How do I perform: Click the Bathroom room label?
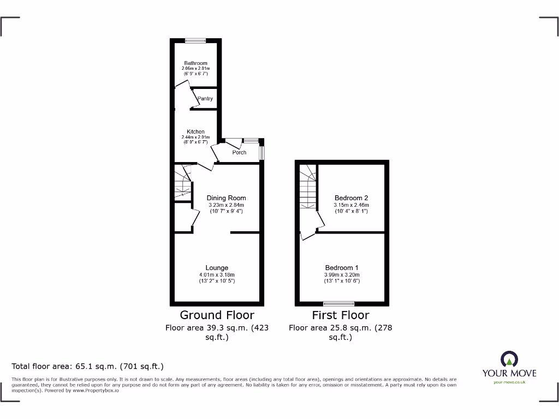[x=195, y=63]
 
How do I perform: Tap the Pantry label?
[x=205, y=99]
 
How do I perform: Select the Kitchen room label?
[x=195, y=132]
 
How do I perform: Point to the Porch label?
[x=239, y=152]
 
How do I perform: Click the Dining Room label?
[x=226, y=198]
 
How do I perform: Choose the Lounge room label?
[x=217, y=268]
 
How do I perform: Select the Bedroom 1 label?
[x=342, y=268]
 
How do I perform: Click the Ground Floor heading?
[x=217, y=315]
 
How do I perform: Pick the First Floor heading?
[x=341, y=315]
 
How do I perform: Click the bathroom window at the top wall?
[x=195, y=40]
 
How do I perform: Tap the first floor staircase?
[x=307, y=188]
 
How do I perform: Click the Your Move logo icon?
[x=509, y=359]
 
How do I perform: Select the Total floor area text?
[x=88, y=366]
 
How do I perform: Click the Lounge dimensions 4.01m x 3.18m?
[x=217, y=274]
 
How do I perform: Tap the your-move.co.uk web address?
[x=509, y=382]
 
